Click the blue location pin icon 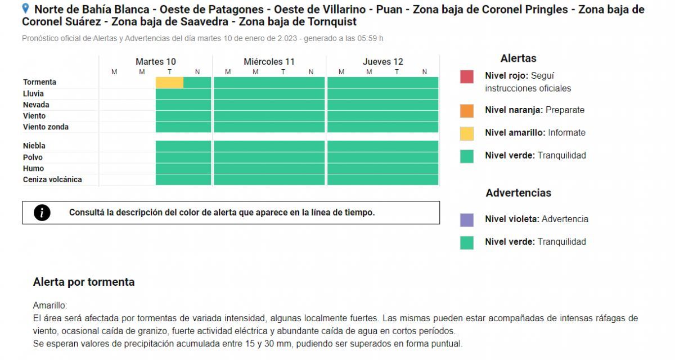click(x=25, y=8)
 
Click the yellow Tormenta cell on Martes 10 click(x=169, y=83)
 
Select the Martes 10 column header click(x=156, y=62)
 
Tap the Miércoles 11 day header click(x=269, y=62)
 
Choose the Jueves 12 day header click(x=382, y=62)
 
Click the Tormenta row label click(x=39, y=82)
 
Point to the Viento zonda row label click(x=46, y=127)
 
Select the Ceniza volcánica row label click(x=52, y=179)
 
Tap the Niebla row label click(x=34, y=146)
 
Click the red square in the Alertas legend click(x=467, y=76)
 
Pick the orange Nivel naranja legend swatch click(x=467, y=110)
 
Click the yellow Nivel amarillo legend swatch click(x=467, y=133)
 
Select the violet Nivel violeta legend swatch click(x=467, y=219)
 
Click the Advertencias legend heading click(x=518, y=193)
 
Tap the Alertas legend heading click(x=518, y=58)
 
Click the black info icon click(x=42, y=213)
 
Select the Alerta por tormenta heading click(x=84, y=282)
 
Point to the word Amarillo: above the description click(x=50, y=305)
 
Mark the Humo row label click(x=33, y=168)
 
